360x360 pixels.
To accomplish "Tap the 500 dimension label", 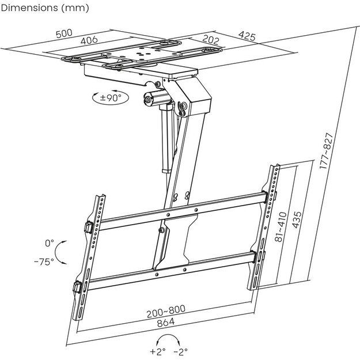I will point(64,33).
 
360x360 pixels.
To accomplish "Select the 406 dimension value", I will point(89,40).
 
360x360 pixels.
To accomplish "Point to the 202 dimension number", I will point(211,41).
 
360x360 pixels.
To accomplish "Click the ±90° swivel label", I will point(111,97).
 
